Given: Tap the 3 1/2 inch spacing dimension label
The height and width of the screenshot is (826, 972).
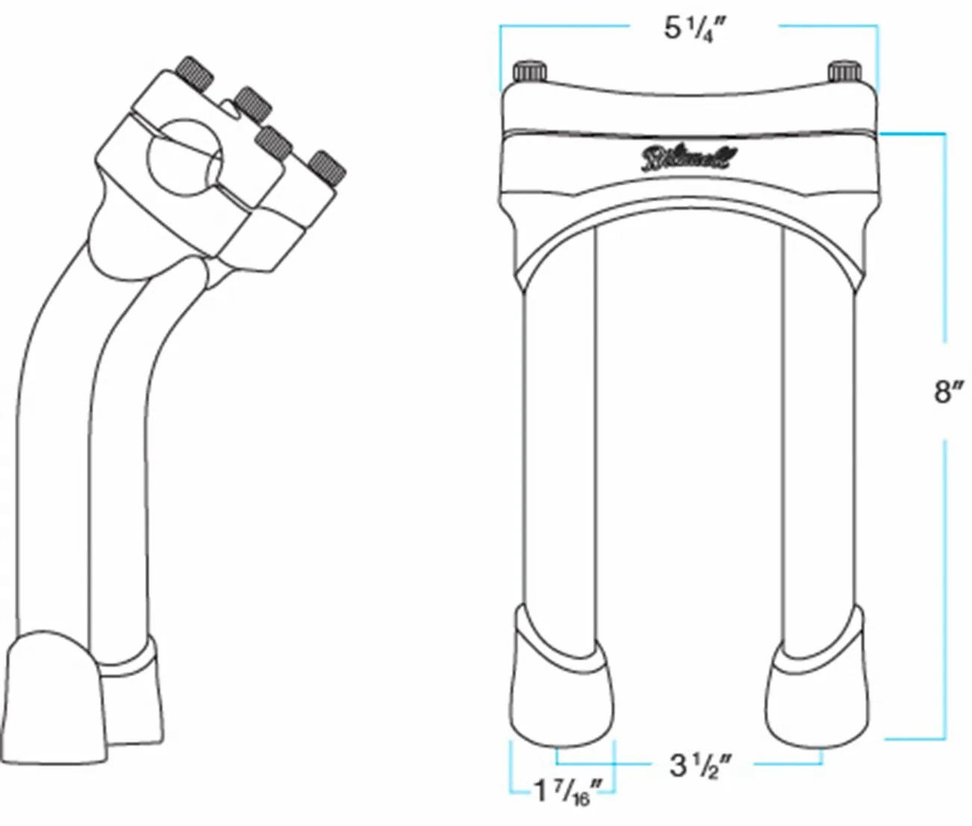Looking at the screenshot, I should [x=700, y=765].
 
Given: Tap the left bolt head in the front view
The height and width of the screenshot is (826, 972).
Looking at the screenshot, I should [x=529, y=73].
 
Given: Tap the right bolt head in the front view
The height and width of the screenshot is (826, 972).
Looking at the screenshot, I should [x=846, y=72].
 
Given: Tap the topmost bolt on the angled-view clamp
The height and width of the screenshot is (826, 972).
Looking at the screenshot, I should [x=196, y=73].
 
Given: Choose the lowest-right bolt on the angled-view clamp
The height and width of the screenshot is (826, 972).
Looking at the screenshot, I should [x=327, y=169].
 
